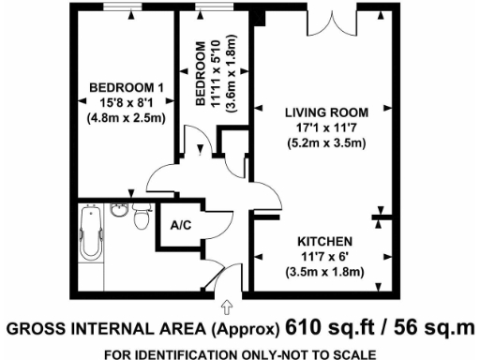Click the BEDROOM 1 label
pos(121,88)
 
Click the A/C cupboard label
pos(179,226)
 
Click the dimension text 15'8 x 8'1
pos(121,103)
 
